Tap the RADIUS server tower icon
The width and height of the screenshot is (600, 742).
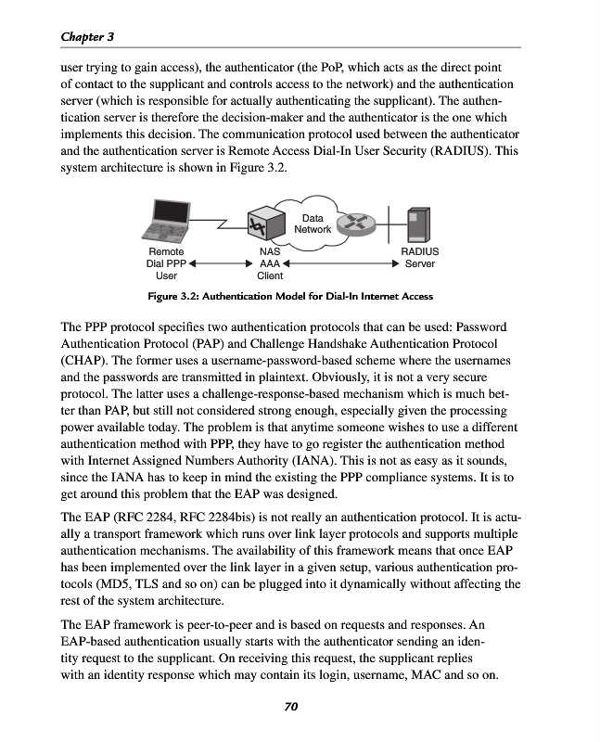(x=418, y=223)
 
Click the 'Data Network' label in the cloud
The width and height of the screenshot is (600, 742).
(x=313, y=224)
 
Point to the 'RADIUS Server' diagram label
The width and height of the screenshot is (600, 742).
(x=419, y=258)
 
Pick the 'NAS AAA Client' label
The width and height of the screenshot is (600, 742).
(x=270, y=263)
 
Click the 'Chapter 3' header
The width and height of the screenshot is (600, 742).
(x=87, y=36)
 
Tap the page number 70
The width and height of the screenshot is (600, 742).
(x=290, y=708)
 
